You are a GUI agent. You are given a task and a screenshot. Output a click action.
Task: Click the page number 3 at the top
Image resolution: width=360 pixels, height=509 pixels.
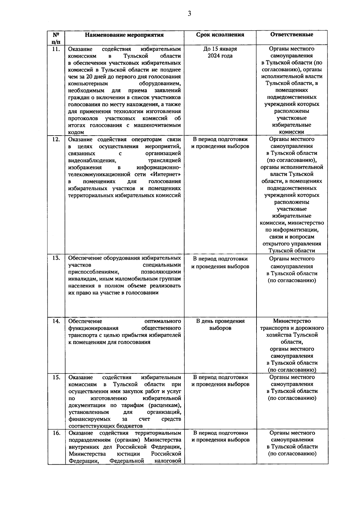pos(189,13)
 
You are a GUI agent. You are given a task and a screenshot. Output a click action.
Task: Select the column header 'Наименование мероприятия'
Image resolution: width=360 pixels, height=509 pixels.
pos(124,35)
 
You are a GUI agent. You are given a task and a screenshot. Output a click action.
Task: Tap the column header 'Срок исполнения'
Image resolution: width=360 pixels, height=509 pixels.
pos(220,35)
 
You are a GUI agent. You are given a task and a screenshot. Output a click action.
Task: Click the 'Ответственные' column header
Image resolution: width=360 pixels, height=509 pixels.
pos(292,34)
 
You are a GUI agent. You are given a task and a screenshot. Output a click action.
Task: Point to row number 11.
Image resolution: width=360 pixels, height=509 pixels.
pos(56,49)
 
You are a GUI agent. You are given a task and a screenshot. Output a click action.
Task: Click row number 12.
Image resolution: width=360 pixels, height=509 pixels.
pos(56,139)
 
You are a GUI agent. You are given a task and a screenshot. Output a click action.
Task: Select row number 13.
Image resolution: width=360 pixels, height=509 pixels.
pos(56,258)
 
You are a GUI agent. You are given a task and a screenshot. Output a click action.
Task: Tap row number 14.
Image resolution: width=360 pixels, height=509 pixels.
pos(56,321)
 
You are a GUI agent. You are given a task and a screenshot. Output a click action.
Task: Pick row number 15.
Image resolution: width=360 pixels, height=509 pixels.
pos(56,377)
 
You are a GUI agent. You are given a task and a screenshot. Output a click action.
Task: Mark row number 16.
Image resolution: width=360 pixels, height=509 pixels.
pos(56,433)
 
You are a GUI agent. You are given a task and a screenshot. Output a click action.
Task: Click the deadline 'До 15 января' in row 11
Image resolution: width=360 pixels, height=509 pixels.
pos(220,49)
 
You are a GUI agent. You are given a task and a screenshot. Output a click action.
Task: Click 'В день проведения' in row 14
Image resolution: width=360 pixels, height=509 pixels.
pos(220,321)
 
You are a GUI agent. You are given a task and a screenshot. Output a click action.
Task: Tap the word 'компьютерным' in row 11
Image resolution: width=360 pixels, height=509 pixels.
pos(88,84)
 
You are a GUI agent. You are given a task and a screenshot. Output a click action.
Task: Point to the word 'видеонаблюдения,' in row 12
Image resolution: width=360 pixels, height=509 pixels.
pos(89,160)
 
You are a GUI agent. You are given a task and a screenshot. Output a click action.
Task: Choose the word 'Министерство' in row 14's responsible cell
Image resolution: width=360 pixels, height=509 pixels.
pos(292,321)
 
